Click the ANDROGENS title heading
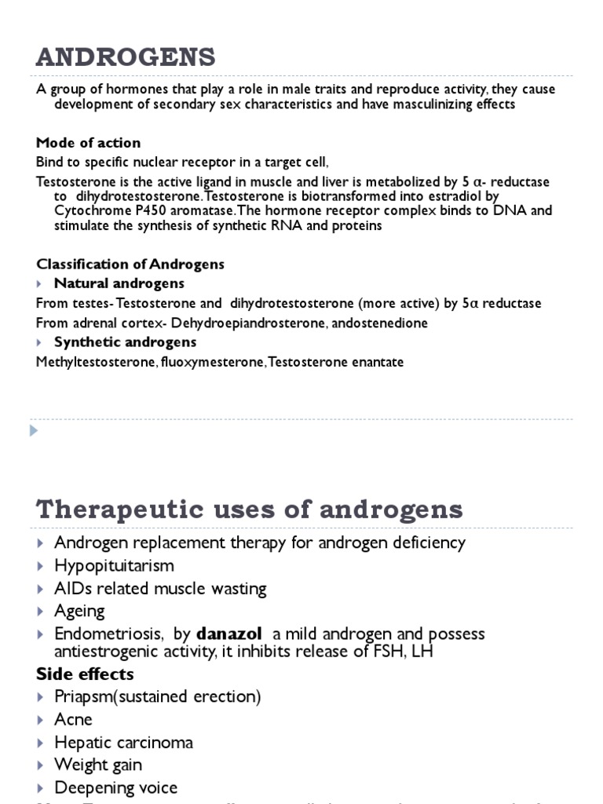click(125, 57)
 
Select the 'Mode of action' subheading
click(89, 143)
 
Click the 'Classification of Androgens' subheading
click(130, 264)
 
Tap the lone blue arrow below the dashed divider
click(33, 430)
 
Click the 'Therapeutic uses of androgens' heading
click(250, 510)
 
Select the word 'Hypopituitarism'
click(114, 565)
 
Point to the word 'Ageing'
click(79, 611)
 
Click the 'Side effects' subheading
click(85, 674)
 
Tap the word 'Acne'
click(73, 719)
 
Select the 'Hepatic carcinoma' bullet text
click(123, 742)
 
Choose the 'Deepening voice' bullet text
click(115, 788)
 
